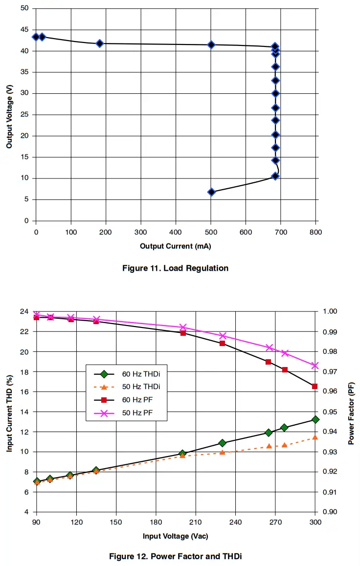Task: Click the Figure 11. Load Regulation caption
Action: [x=176, y=268]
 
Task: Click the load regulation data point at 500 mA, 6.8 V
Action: [x=211, y=192]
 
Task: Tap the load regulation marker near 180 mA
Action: [x=100, y=44]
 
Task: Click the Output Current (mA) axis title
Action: [x=176, y=246]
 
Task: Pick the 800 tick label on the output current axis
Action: [x=315, y=232]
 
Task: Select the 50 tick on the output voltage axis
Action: [x=24, y=8]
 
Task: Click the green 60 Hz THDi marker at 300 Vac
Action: [x=315, y=419]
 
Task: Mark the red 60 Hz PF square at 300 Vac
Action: [x=315, y=386]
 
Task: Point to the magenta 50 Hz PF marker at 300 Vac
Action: [x=315, y=366]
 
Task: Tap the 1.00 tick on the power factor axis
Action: [x=330, y=311]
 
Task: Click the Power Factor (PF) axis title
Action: [x=351, y=412]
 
